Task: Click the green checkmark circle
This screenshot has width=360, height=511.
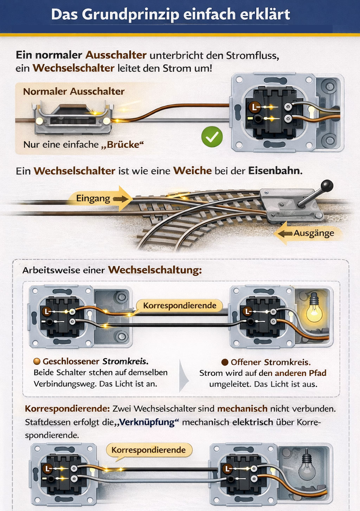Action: click(212, 137)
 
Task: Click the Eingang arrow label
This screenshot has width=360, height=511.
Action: click(93, 199)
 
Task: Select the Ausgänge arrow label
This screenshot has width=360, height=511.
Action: click(314, 233)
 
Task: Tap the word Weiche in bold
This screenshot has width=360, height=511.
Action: click(192, 171)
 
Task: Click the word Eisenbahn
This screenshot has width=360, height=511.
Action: click(275, 171)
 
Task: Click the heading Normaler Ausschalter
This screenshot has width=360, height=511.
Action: click(74, 91)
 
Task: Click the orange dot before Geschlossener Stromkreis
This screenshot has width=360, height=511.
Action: click(37, 361)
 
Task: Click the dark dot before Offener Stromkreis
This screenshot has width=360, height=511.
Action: click(225, 362)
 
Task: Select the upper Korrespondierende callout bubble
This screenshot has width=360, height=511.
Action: click(179, 305)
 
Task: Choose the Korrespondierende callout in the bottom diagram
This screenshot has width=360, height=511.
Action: click(148, 450)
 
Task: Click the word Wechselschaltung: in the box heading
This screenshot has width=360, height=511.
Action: click(155, 270)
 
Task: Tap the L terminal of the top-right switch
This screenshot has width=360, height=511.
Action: click(253, 106)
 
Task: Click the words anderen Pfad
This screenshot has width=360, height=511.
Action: click(301, 373)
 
